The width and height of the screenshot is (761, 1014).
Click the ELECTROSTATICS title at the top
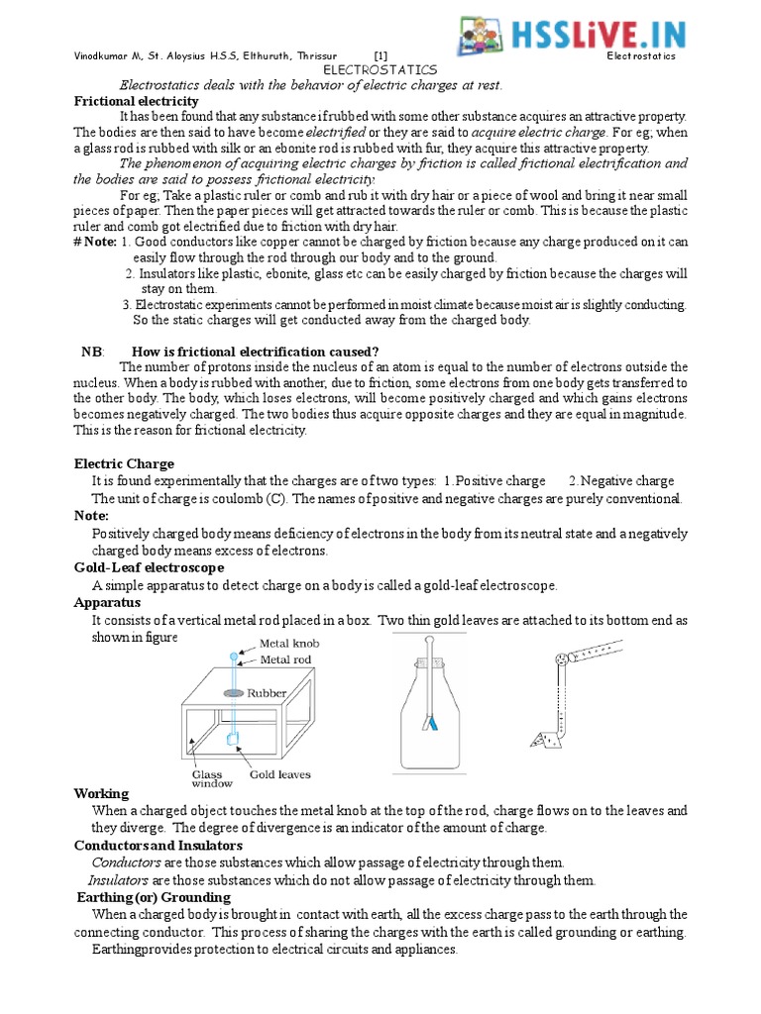[x=380, y=71]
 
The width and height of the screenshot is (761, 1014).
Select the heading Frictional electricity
[x=137, y=101]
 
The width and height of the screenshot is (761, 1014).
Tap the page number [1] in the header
[x=381, y=56]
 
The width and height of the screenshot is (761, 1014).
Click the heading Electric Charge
[x=124, y=463]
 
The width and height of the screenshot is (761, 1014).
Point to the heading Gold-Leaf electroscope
[x=149, y=567]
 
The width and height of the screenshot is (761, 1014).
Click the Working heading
[x=101, y=793]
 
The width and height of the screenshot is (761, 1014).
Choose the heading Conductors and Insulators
[x=158, y=845]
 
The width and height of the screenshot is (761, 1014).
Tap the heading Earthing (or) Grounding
[x=154, y=897]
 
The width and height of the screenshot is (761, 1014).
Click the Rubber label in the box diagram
[x=268, y=694]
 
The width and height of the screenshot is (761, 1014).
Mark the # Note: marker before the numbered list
[x=95, y=242]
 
